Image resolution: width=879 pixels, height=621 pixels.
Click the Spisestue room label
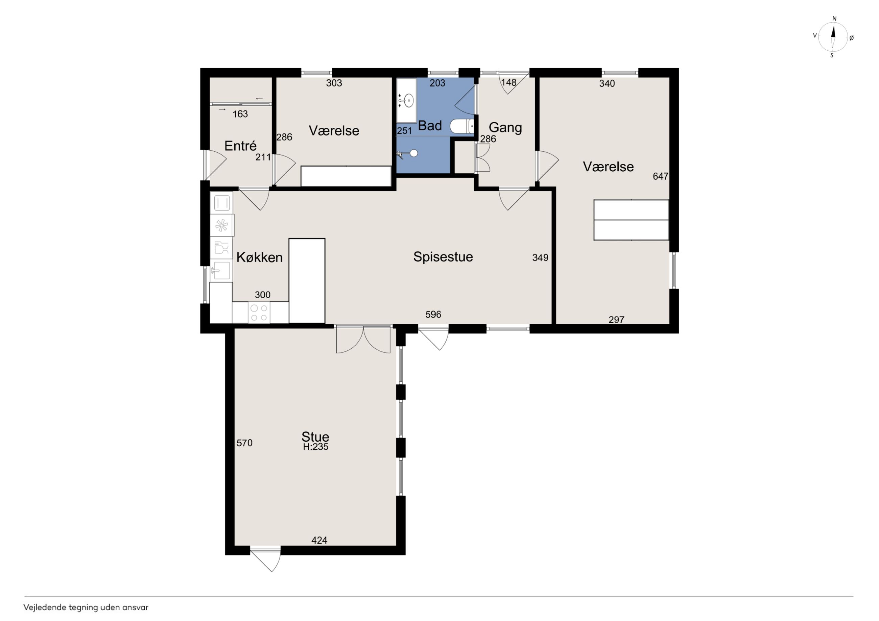443,257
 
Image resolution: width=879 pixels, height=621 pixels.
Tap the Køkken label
260,257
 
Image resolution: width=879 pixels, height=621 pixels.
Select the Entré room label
240,145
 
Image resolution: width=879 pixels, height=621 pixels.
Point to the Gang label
505,127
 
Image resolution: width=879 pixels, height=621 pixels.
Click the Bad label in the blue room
430,125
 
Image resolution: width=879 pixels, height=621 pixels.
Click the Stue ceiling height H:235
315,447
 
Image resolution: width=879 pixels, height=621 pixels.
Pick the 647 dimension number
660,176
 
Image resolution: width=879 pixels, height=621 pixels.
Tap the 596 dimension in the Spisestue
433,315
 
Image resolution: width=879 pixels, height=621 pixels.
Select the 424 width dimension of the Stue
319,540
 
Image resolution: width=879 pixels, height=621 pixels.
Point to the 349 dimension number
540,258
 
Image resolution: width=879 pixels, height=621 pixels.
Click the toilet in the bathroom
462,126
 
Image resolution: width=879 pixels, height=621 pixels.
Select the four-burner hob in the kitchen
259,313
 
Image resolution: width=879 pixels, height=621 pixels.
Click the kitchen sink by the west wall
221,271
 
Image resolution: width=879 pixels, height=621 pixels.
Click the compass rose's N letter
835,18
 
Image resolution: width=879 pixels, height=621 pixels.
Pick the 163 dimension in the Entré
240,114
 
